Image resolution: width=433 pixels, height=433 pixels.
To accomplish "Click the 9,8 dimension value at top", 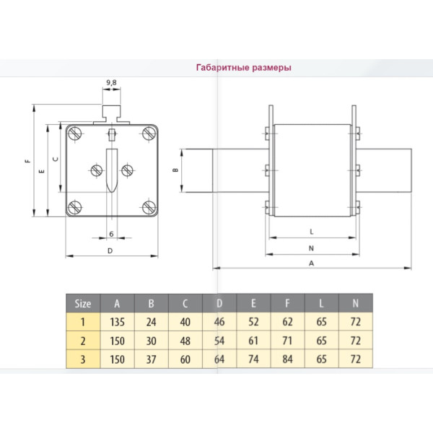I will click(111, 84).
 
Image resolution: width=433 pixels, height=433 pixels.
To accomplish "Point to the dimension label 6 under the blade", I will click(112, 234).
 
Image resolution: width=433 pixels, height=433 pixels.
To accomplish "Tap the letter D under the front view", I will click(110, 250).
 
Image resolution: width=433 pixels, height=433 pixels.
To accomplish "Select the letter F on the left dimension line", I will click(27, 161).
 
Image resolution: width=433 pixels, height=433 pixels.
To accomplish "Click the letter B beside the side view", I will click(175, 171).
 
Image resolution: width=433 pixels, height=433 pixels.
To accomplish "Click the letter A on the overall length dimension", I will click(311, 263).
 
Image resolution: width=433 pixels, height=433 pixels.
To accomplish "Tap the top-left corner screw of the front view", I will click(74, 134).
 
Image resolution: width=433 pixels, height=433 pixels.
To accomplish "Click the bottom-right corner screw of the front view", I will click(148, 207).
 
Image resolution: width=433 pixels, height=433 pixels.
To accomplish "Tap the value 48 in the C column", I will click(185, 341).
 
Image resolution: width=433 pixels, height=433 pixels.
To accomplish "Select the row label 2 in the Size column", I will click(83, 341).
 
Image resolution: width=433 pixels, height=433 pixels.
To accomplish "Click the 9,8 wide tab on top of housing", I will click(112, 113).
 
